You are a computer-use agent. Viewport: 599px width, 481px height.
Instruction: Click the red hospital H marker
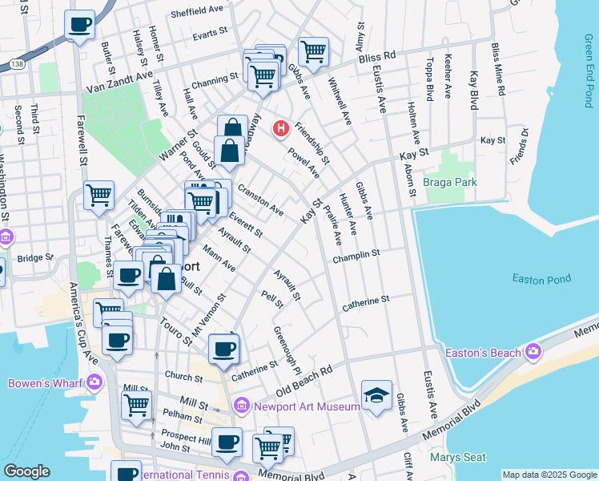tap(281, 127)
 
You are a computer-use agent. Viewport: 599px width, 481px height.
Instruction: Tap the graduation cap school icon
tap(376, 395)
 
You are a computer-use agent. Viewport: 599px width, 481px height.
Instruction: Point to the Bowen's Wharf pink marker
tap(94, 383)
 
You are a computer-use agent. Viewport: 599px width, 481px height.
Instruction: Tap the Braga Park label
tap(451, 182)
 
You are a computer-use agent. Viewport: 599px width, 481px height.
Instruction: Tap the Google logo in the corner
tap(26, 471)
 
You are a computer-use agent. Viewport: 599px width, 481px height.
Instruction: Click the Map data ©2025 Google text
tap(549, 475)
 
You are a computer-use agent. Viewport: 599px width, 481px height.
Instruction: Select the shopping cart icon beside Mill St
tap(136, 405)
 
